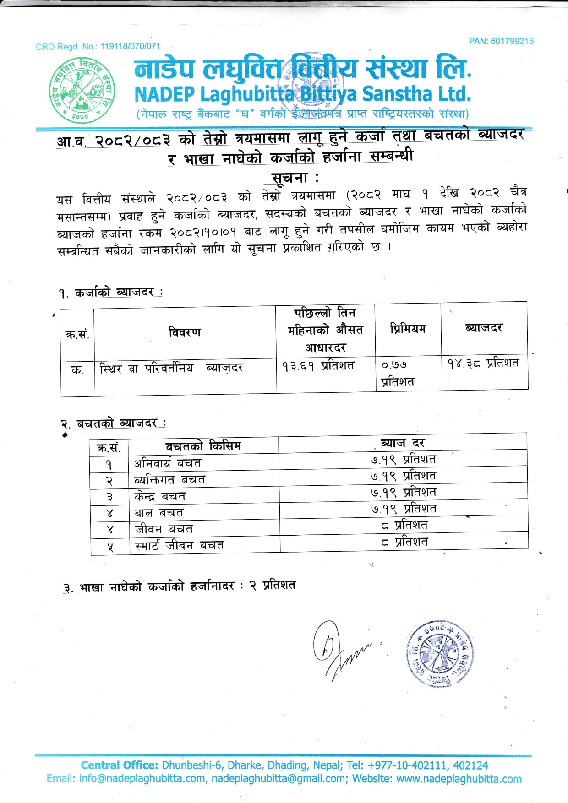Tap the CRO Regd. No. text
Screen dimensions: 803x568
click(x=98, y=46)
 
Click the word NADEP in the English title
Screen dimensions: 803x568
click(x=164, y=94)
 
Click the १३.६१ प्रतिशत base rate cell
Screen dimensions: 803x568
click(x=318, y=366)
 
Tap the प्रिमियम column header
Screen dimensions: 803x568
click(x=408, y=329)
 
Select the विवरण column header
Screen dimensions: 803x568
click(x=185, y=332)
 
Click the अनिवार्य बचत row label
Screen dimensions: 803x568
click(x=168, y=463)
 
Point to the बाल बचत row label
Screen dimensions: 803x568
click(x=159, y=513)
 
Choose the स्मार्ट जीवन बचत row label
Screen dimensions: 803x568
click(x=180, y=545)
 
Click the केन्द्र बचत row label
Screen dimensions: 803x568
click(x=160, y=496)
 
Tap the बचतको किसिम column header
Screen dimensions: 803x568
click(x=203, y=446)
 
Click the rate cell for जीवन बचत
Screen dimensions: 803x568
click(x=404, y=525)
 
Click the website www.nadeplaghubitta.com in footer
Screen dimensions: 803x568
click(x=459, y=779)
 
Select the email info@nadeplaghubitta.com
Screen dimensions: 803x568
click(x=142, y=779)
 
